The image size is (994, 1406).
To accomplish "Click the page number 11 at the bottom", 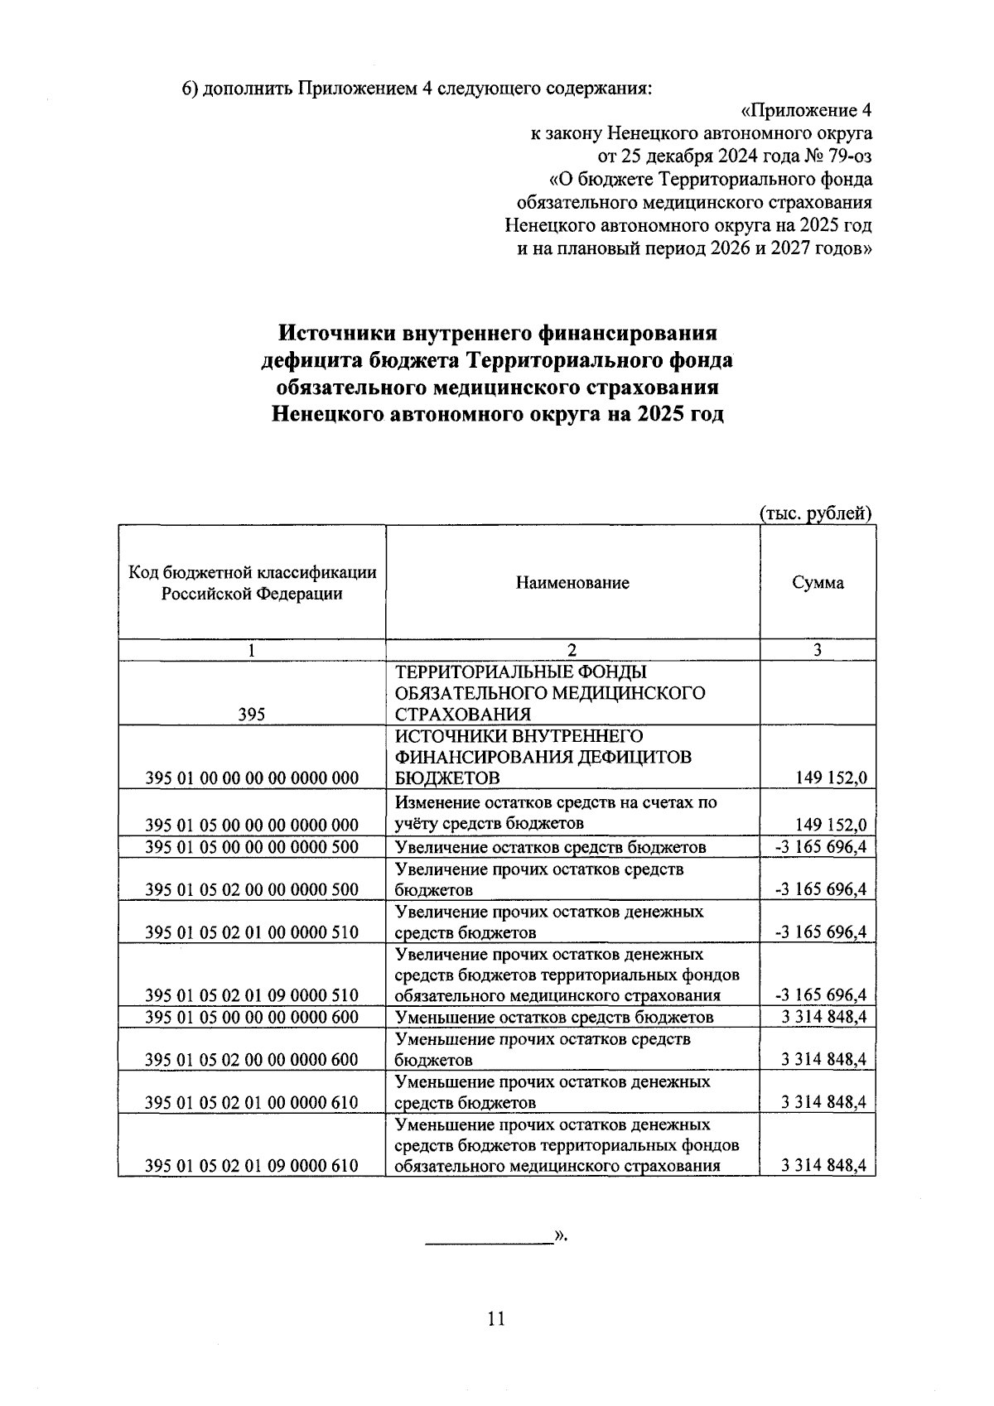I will click(x=496, y=1318).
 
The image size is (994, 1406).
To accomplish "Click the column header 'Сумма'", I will click(x=818, y=583).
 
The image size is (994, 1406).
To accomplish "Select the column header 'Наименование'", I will click(x=572, y=583).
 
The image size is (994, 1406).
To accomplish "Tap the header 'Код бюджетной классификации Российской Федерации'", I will click(x=252, y=583).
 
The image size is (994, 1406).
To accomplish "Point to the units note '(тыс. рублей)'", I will click(x=816, y=513).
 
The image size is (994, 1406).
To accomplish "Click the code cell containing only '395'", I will click(x=251, y=715).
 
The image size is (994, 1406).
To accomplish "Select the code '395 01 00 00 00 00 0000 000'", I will click(x=252, y=778).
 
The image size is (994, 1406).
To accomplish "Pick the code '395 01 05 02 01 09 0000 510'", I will click(x=252, y=995).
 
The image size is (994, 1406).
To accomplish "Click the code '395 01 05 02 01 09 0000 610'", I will click(x=252, y=1166).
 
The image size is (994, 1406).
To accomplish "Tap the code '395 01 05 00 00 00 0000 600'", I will click(x=252, y=1018).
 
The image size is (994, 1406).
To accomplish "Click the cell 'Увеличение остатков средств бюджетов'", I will click(x=551, y=847).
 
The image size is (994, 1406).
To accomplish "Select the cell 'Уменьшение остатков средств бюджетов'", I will click(x=554, y=1018).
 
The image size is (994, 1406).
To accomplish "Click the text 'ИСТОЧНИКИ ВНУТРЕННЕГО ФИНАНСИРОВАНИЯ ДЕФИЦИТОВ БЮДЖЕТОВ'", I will click(x=543, y=758).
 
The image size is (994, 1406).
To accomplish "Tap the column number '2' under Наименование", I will click(x=572, y=651).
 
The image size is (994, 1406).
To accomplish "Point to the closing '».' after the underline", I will click(x=561, y=1235).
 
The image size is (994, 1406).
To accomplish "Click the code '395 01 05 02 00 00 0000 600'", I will click(x=252, y=1060).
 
